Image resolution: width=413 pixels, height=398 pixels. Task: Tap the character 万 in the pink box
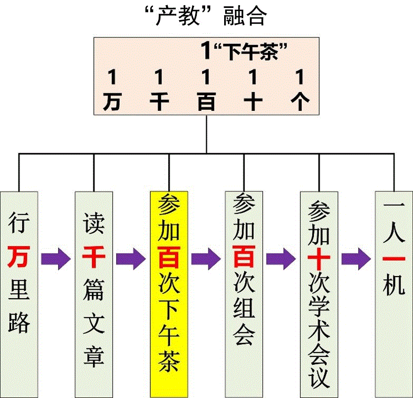(x=111, y=101)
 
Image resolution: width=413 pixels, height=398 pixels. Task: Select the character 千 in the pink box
(x=159, y=101)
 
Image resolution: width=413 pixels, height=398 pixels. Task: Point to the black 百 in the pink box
(x=206, y=101)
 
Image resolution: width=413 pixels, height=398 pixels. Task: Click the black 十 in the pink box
(x=253, y=101)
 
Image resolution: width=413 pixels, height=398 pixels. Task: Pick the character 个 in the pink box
(x=300, y=101)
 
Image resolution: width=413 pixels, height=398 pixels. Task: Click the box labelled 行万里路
(x=20, y=293)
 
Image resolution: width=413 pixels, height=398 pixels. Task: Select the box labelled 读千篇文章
(x=94, y=293)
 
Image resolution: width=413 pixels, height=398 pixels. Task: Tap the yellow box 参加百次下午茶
(x=169, y=293)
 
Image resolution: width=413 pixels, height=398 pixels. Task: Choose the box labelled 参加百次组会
(x=244, y=293)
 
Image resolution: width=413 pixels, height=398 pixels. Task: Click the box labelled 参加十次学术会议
(x=319, y=293)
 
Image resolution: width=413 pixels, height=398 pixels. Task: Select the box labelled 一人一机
(x=393, y=293)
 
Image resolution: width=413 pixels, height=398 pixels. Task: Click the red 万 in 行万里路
(x=20, y=257)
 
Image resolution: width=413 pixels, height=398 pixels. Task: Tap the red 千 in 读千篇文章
(x=94, y=257)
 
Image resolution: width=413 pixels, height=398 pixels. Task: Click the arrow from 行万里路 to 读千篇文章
(x=56, y=258)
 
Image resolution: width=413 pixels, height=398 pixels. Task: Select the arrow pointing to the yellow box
(x=131, y=258)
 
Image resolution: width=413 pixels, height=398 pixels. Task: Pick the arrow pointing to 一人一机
(x=356, y=258)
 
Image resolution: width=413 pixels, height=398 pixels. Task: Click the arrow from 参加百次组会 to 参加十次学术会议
(x=281, y=258)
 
